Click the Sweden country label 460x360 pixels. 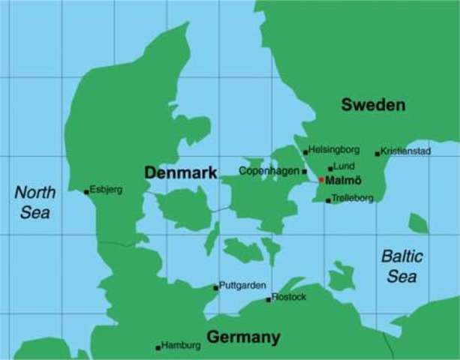pyautogui.click(x=373, y=105)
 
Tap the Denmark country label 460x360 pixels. pyautogui.click(x=180, y=173)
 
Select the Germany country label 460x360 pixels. pyautogui.click(x=243, y=337)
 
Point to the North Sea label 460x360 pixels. pyautogui.click(x=35, y=202)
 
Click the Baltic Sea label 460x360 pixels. pyautogui.click(x=402, y=266)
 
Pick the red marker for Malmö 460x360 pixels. pyautogui.click(x=321, y=180)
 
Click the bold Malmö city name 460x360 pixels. pyautogui.click(x=344, y=181)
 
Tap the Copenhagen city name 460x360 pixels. pyautogui.click(x=269, y=171)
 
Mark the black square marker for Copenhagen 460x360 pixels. pyautogui.click(x=304, y=172)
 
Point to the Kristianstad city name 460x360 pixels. pyautogui.click(x=406, y=151)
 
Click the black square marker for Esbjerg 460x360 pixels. pyautogui.click(x=86, y=192)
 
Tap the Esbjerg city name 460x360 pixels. pyautogui.click(x=106, y=190)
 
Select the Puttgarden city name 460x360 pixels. pyautogui.click(x=243, y=286)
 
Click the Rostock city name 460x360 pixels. pyautogui.click(x=290, y=297)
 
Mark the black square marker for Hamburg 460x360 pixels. pyautogui.click(x=158, y=347)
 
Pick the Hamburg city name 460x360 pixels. pyautogui.click(x=181, y=346)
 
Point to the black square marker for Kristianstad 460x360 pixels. pyautogui.click(x=377, y=154)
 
